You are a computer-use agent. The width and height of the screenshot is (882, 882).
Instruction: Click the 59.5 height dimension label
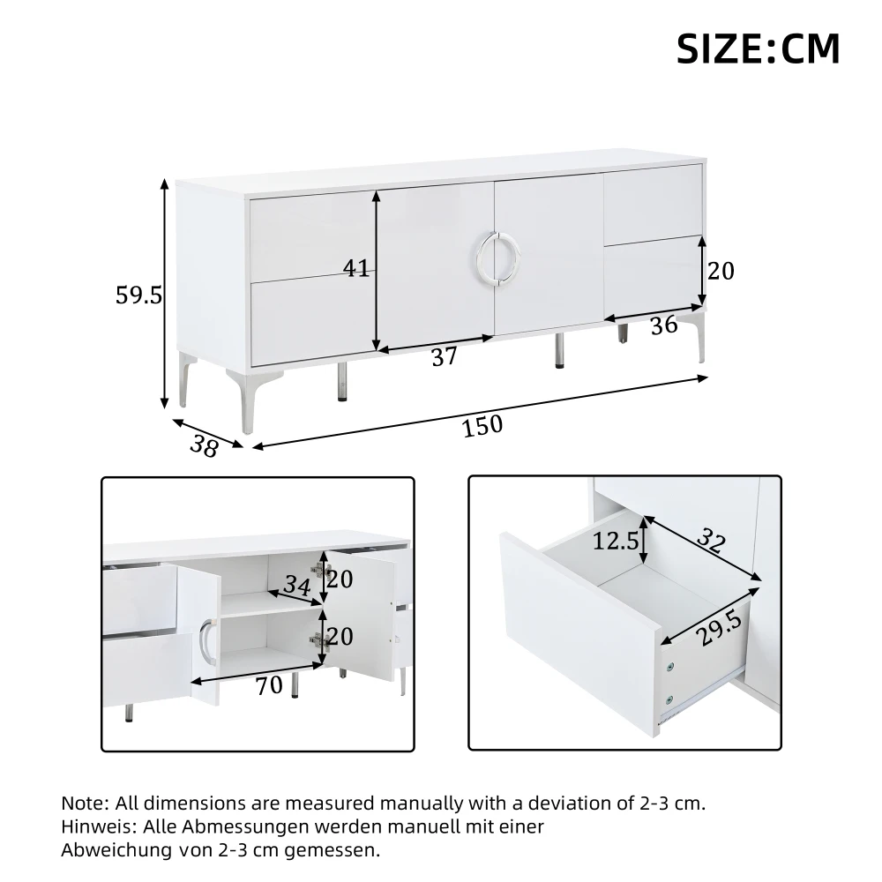(138, 295)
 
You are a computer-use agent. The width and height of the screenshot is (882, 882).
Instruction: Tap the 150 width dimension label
(482, 425)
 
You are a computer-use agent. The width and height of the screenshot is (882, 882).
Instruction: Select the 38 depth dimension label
(204, 446)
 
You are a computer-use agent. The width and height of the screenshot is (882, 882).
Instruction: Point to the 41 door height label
(356, 268)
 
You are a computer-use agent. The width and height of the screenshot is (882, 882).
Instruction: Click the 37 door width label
(445, 357)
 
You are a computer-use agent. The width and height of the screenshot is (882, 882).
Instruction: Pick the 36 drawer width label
(664, 325)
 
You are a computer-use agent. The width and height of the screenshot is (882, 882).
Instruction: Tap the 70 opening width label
(269, 685)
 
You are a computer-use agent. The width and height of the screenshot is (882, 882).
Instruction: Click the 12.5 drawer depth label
(616, 542)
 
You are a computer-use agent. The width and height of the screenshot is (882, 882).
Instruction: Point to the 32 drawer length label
(711, 540)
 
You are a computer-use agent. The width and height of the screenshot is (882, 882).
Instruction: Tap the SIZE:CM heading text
(758, 49)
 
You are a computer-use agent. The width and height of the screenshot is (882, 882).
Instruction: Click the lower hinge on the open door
(318, 640)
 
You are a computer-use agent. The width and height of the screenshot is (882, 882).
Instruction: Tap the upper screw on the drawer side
(669, 668)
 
